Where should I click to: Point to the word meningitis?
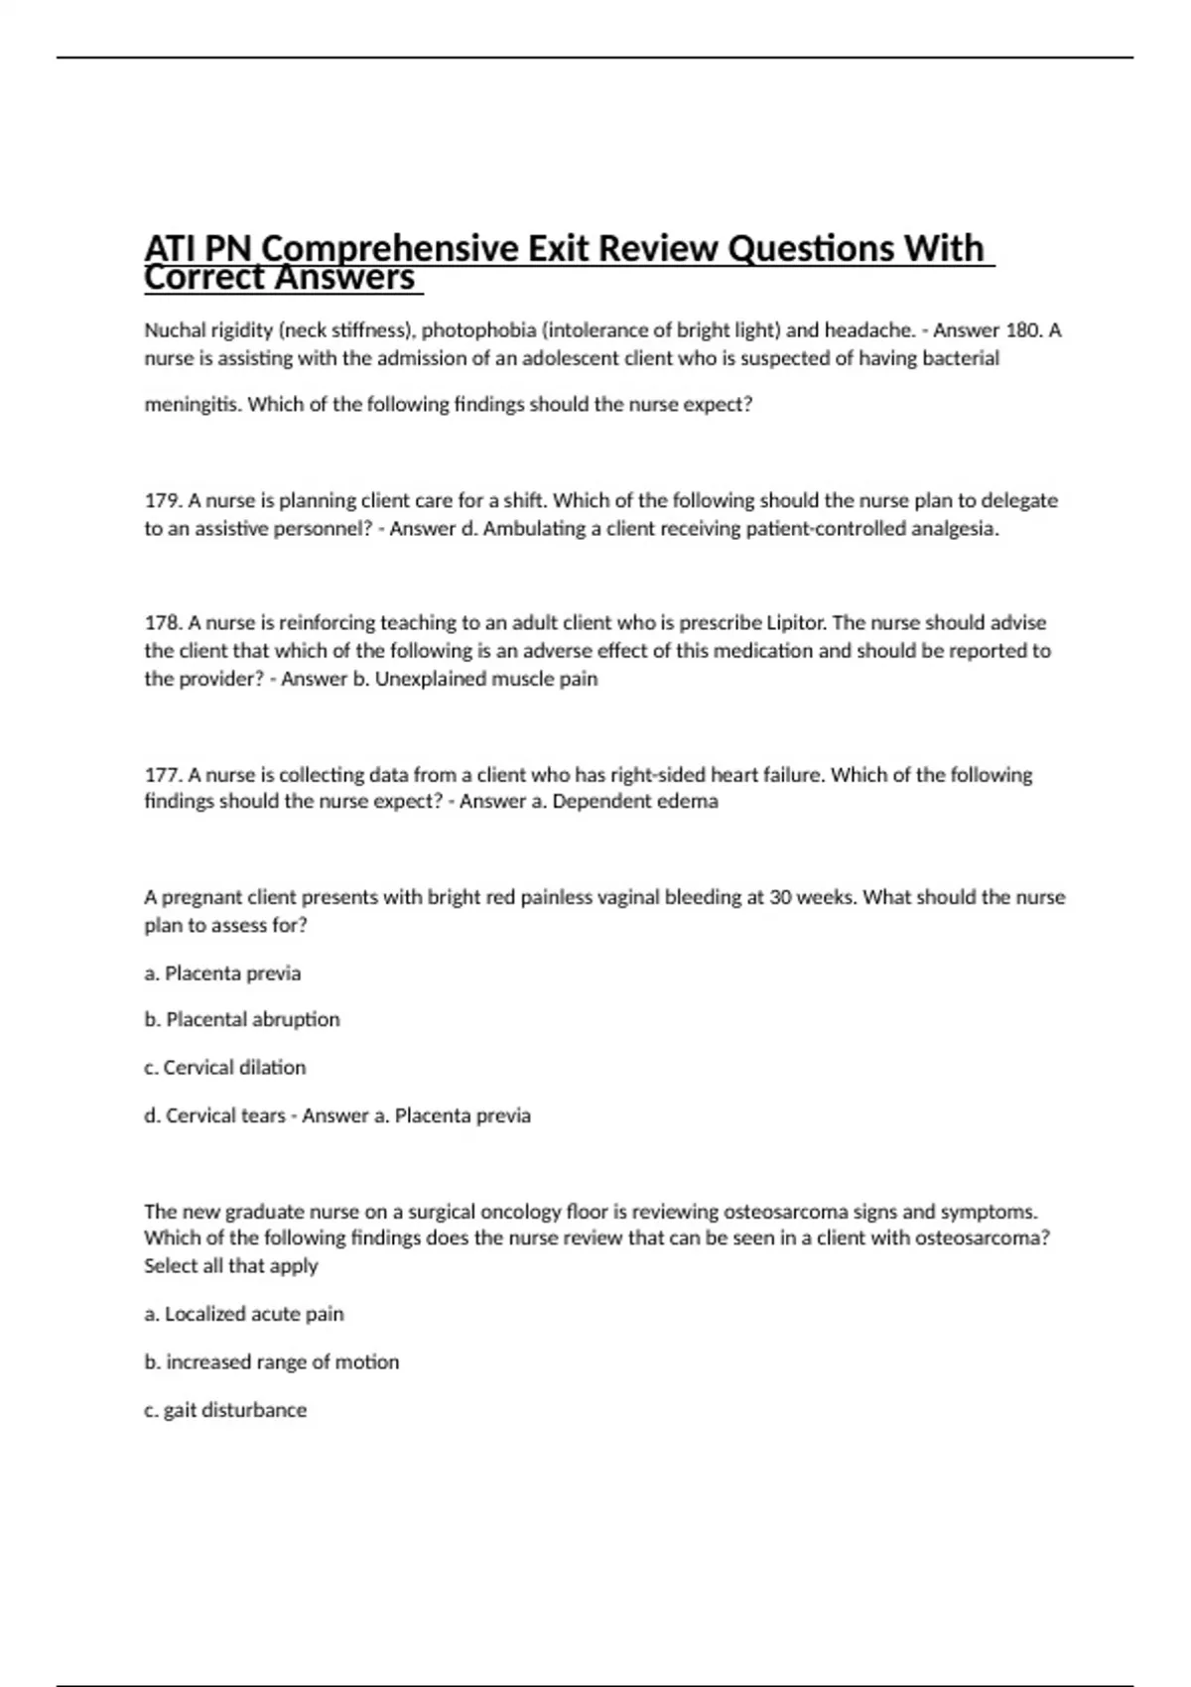click(193, 405)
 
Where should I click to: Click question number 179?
click(162, 501)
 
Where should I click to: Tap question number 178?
click(162, 623)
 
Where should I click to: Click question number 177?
click(162, 775)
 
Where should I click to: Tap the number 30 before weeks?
click(780, 898)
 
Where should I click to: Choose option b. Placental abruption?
click(242, 1020)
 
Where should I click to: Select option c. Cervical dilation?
click(225, 1068)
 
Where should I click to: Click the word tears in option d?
click(262, 1116)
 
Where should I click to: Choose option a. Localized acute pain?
click(244, 1315)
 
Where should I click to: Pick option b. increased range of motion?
click(272, 1363)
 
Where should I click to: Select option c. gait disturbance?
click(225, 1410)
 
